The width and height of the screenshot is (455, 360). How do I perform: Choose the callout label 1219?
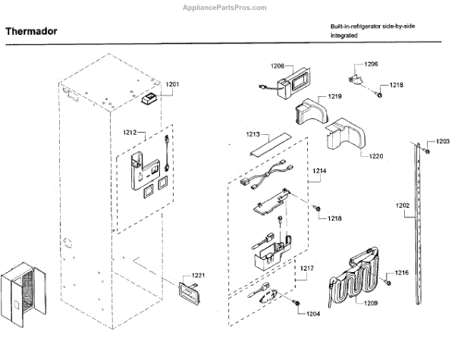click(334, 97)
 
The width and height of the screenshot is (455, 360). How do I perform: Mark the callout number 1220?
click(375, 156)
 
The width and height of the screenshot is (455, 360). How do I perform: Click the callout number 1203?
click(442, 142)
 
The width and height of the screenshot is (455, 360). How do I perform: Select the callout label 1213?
click(253, 134)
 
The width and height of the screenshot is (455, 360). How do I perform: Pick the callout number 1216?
click(401, 273)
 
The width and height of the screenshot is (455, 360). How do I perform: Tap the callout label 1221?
click(198, 275)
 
